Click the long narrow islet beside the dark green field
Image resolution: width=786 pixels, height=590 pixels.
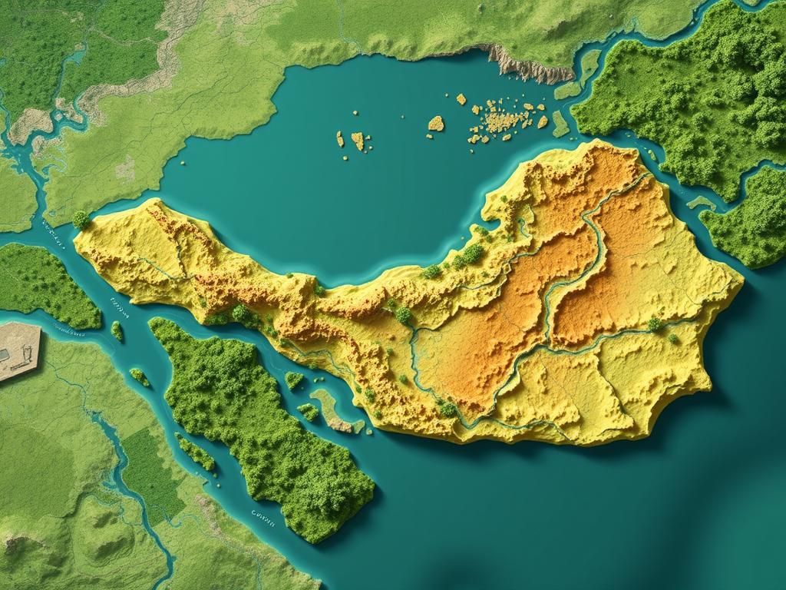point(196,453)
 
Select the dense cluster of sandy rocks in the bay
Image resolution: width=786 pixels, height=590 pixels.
point(503,119)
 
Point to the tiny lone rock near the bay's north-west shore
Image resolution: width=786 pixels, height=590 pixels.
point(183,162)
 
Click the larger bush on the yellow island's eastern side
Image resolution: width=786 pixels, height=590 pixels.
point(654,325)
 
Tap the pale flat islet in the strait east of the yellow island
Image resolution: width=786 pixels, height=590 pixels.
point(700,203)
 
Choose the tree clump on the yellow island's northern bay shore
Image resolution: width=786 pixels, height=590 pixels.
point(470,254)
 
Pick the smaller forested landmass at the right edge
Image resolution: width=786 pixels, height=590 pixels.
point(745,219)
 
